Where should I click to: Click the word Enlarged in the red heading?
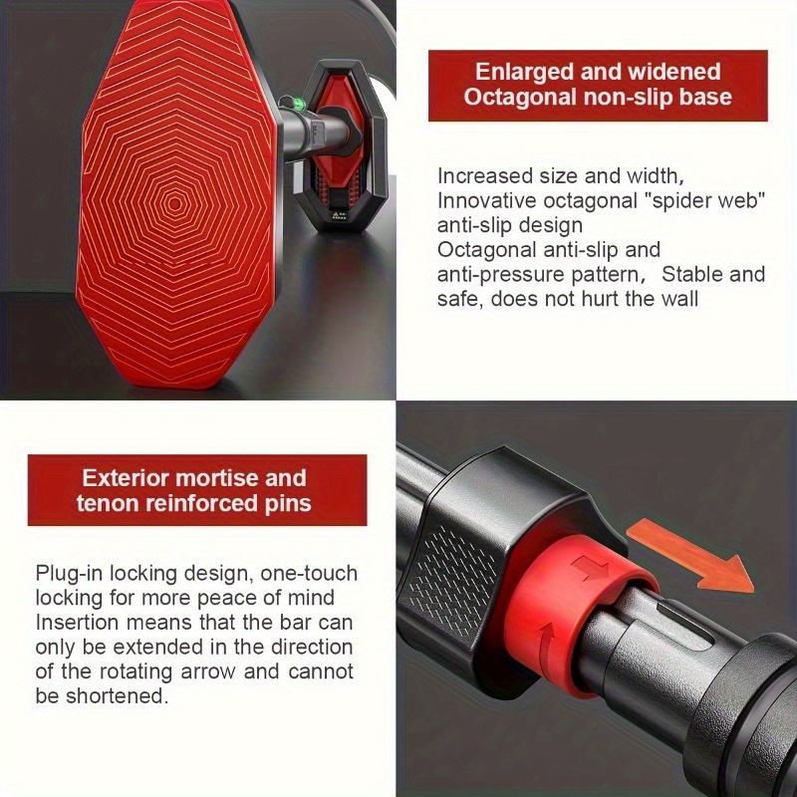pos(524,72)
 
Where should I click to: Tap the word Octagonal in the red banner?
pos(519,97)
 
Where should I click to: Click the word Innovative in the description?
pos(486,201)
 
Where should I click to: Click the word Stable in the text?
pos(691,274)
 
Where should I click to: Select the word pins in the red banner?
pos(288,504)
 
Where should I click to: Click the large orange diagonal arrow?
pos(689,556)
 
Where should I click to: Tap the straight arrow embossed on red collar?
pos(590,567)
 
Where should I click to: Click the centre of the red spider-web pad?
pos(175,204)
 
